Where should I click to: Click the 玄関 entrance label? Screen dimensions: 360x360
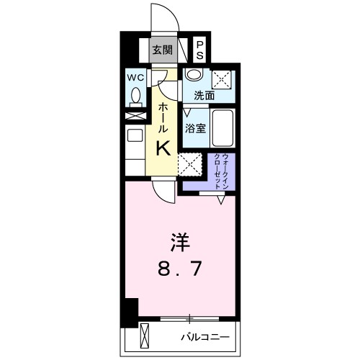163,50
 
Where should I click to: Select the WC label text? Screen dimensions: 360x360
135,77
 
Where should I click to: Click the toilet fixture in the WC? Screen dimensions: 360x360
135,96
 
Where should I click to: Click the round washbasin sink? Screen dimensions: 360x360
193,76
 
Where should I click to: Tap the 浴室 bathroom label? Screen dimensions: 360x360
195,130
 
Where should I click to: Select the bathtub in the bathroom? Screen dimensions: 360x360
224,130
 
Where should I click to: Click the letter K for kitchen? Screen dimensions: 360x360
163,148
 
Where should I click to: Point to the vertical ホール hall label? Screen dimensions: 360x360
163,115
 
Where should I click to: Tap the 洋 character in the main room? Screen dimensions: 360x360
181,239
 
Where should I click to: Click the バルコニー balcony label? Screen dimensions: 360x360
204,337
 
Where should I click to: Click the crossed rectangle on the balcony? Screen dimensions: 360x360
144,336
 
